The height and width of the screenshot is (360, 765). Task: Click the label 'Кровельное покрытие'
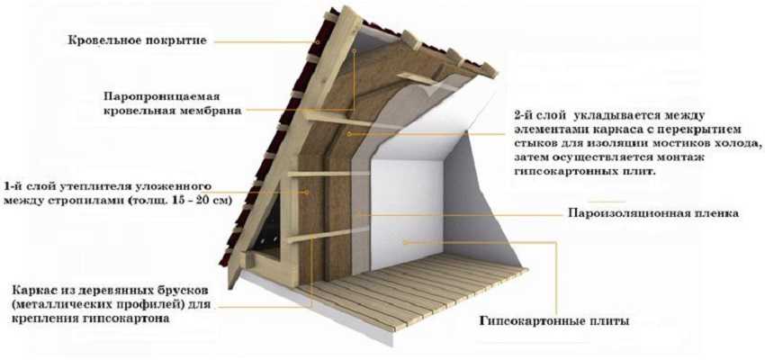point(138,40)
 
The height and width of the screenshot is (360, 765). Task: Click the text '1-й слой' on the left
point(30,186)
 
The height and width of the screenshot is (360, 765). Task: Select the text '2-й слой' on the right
point(540,116)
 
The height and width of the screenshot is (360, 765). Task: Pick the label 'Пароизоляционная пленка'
point(653,213)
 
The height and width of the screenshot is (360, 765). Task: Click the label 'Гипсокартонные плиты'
point(554,321)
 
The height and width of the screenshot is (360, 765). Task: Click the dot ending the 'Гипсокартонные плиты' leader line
point(404,241)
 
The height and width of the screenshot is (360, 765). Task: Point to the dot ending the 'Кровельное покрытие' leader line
point(318,42)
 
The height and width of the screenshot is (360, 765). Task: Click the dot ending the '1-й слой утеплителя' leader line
point(307,193)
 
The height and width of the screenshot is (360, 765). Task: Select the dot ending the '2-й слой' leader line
point(348,132)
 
